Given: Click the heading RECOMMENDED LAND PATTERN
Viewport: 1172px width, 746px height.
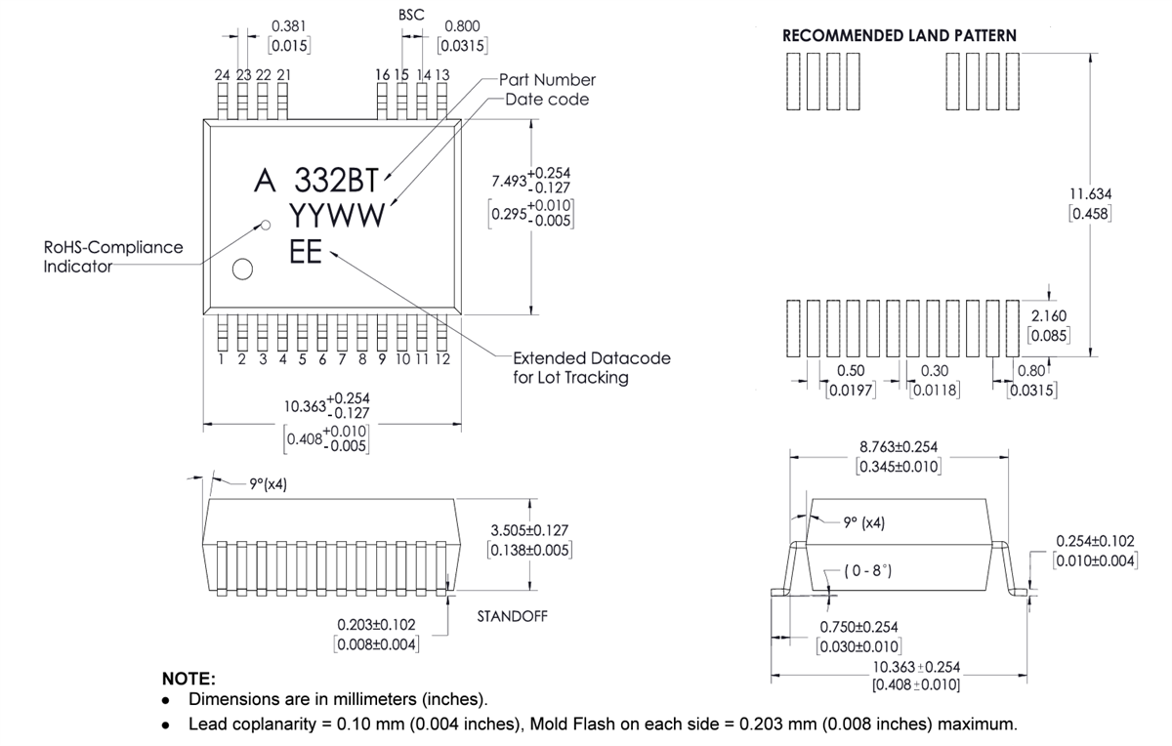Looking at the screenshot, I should pyautogui.click(x=900, y=35).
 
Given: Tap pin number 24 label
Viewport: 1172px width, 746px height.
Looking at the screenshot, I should pyautogui.click(x=223, y=74).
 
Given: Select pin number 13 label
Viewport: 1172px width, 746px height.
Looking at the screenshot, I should pyautogui.click(x=441, y=74).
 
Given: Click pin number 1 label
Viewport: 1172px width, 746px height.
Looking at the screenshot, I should pyautogui.click(x=222, y=359).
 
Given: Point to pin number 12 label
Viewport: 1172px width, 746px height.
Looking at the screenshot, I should pyautogui.click(x=441, y=359).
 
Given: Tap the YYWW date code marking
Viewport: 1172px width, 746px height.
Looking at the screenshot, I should pyautogui.click(x=337, y=216).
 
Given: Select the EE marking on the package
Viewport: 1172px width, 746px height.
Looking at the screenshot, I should pyautogui.click(x=307, y=251).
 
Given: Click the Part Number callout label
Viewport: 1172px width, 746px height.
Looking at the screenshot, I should pyautogui.click(x=547, y=80).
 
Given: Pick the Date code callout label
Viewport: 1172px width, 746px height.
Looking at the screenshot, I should pyautogui.click(x=547, y=100).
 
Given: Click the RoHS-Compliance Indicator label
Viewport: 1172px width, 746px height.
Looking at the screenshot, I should pyautogui.click(x=112, y=256).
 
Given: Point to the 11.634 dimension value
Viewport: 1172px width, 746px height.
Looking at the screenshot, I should pyautogui.click(x=1091, y=194).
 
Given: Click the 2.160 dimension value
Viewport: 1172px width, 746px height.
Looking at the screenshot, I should pyautogui.click(x=1049, y=315).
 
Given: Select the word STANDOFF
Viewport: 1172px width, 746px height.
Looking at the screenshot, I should pyautogui.click(x=513, y=616).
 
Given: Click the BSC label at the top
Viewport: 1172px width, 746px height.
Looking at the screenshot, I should pyautogui.click(x=411, y=16).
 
